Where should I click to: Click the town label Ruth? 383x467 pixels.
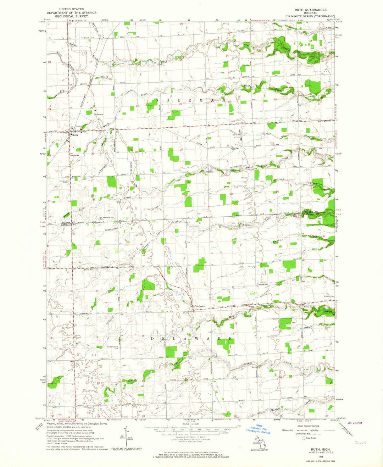coord(75,135)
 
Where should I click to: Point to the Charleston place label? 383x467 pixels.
coord(199,306)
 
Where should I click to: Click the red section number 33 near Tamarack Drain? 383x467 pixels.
coord(140,198)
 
